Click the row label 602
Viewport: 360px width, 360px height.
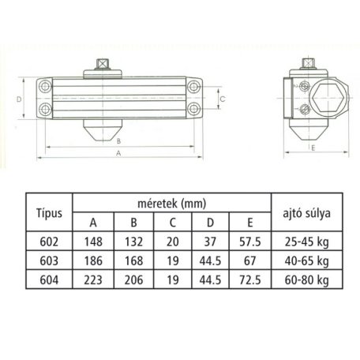49,241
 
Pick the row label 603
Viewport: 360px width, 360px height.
49,260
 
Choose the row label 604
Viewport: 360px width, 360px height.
49,279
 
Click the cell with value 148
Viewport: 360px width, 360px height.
94,241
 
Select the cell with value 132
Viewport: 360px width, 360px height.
133,241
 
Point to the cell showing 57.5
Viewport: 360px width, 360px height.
250,241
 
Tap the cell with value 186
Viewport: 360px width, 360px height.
94,260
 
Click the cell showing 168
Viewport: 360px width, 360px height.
133,260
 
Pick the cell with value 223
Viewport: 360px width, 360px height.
94,279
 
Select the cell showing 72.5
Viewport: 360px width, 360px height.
250,279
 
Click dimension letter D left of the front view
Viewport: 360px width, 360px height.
19,99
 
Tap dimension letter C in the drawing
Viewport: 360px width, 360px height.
223,99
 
